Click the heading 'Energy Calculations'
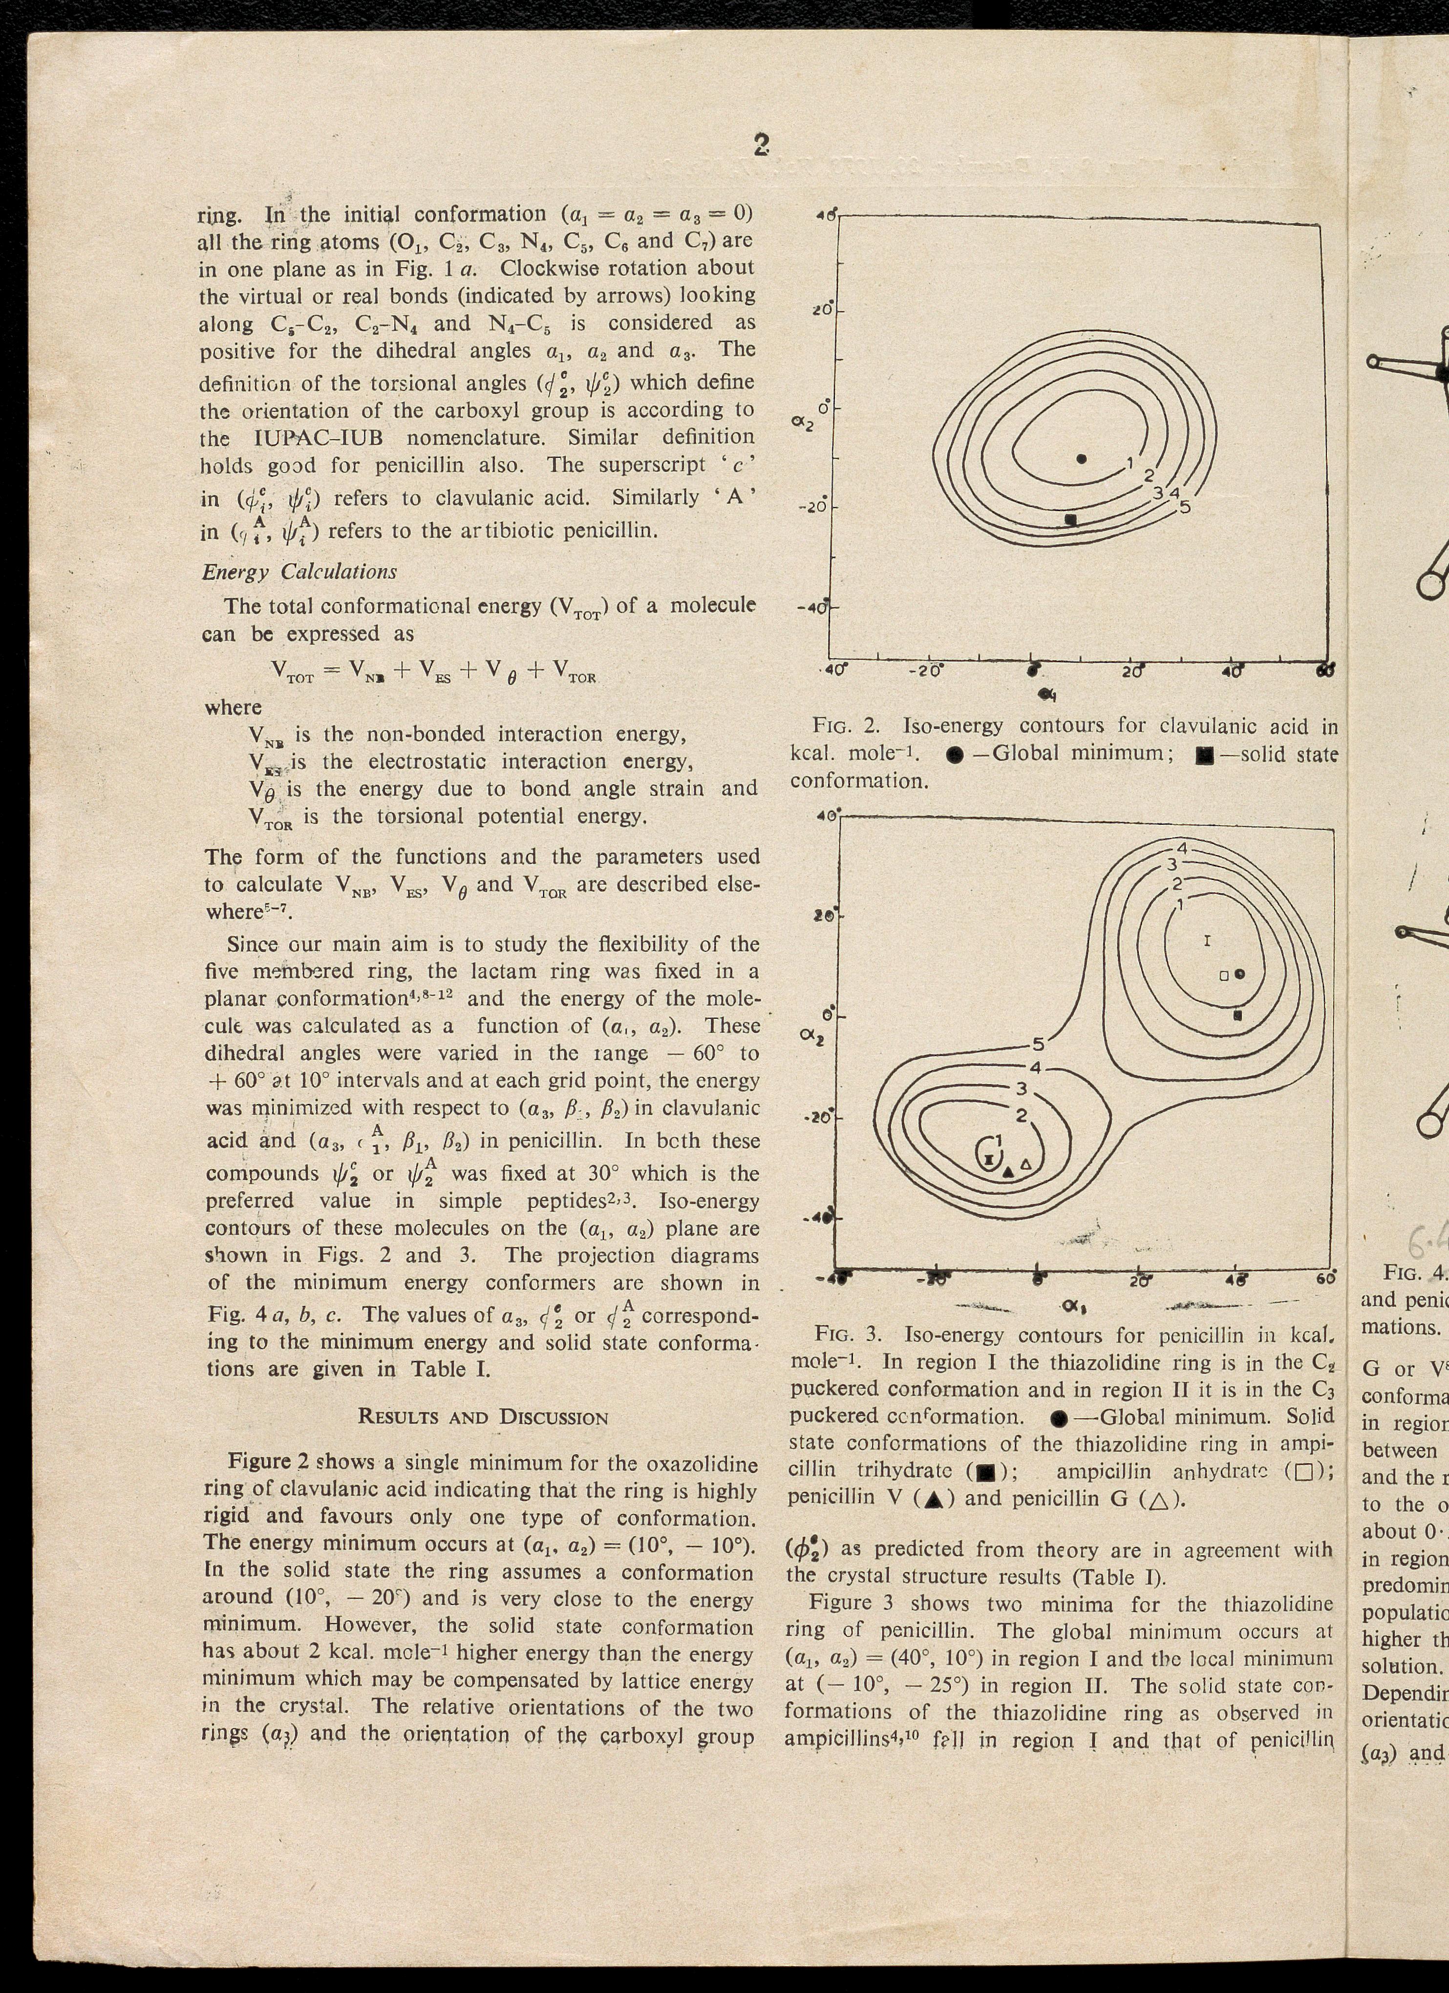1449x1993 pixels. tap(299, 572)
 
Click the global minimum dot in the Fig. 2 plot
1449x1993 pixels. tap(1082, 459)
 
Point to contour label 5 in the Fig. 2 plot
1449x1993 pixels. tap(1185, 507)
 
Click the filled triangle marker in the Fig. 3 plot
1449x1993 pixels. tap(1009, 1171)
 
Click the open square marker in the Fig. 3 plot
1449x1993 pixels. tap(1223, 975)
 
